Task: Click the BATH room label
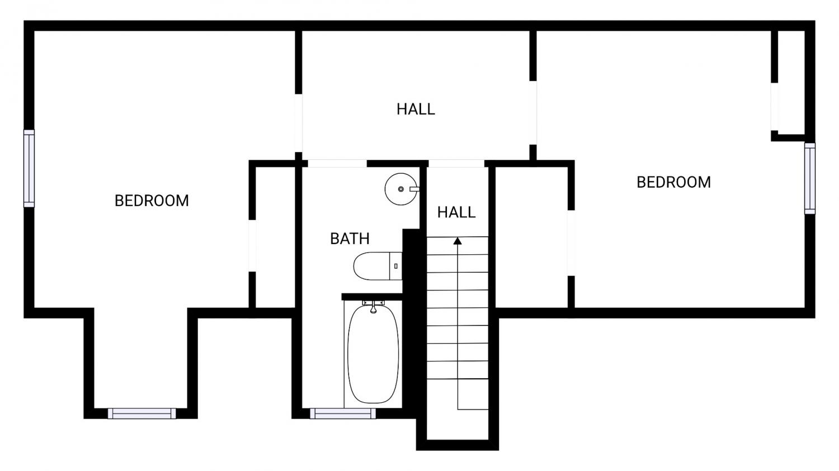click(350, 239)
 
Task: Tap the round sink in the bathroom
click(401, 189)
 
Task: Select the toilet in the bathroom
click(378, 266)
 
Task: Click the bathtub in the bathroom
click(373, 354)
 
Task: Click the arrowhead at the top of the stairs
click(458, 241)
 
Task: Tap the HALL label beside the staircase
click(456, 212)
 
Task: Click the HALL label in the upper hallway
click(416, 110)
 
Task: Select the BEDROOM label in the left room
click(152, 201)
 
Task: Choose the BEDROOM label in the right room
click(673, 182)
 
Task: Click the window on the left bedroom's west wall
click(29, 168)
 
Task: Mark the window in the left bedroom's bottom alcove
click(142, 413)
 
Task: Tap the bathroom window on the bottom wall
click(343, 413)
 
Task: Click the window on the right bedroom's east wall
click(810, 178)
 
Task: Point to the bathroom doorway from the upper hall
click(337, 164)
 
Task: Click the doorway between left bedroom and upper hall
click(299, 123)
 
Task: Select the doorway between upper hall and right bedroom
click(533, 113)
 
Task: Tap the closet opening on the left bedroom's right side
click(252, 246)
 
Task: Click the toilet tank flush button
click(396, 266)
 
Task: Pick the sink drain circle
click(401, 189)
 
